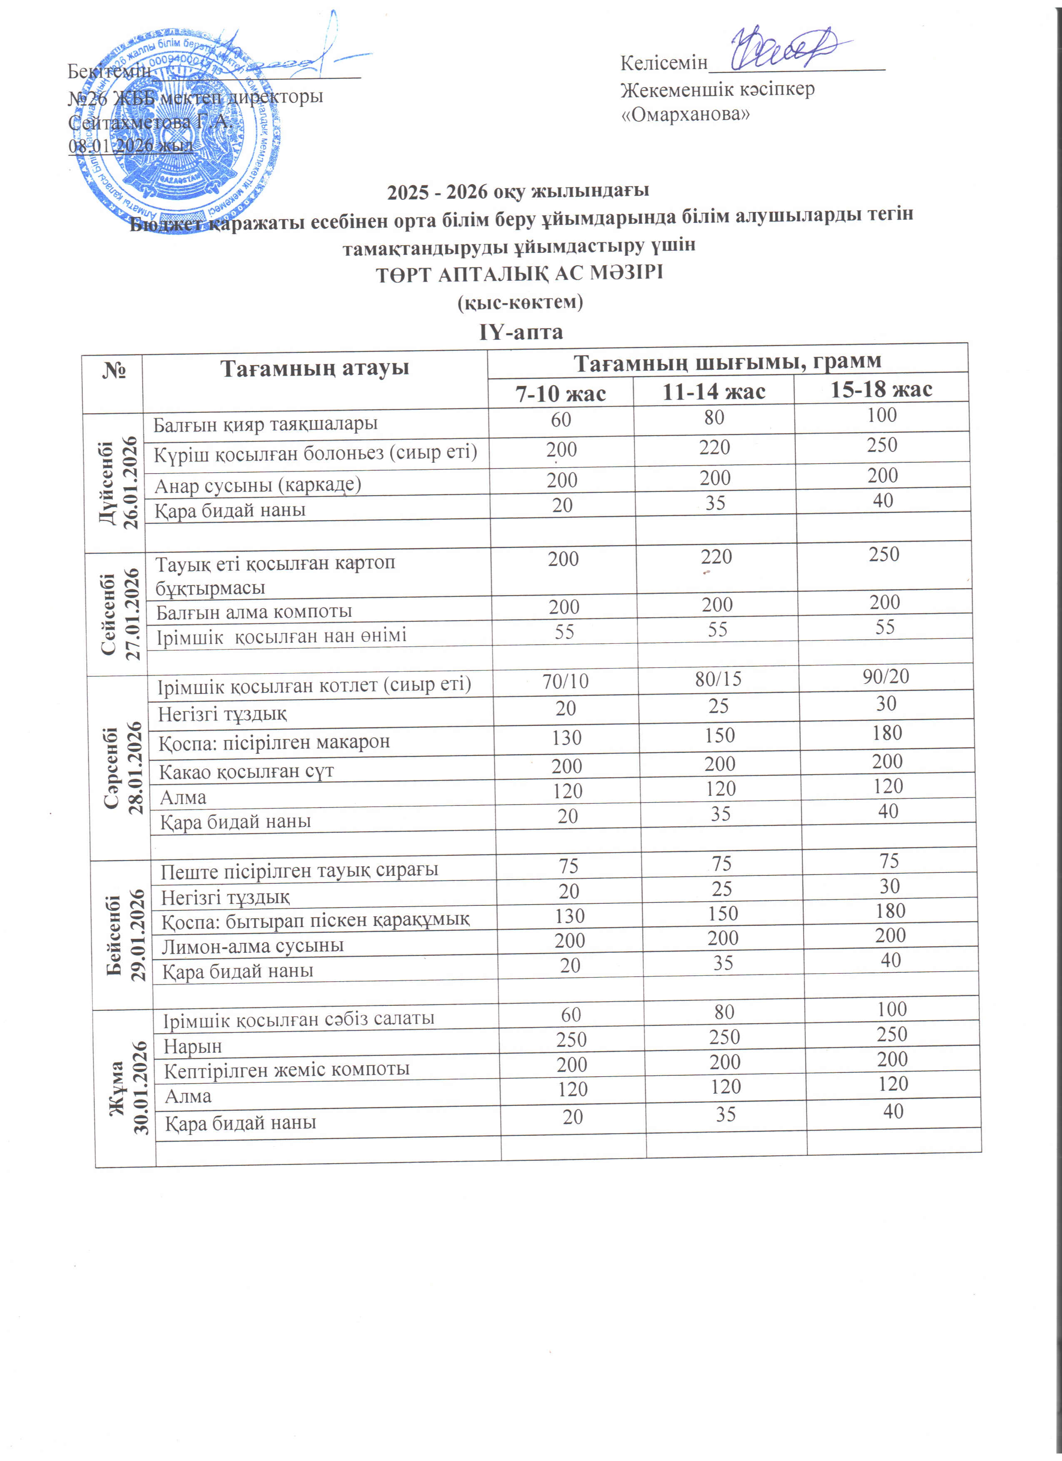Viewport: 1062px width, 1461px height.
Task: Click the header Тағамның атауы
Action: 314,369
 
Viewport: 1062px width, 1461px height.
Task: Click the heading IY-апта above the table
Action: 520,332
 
